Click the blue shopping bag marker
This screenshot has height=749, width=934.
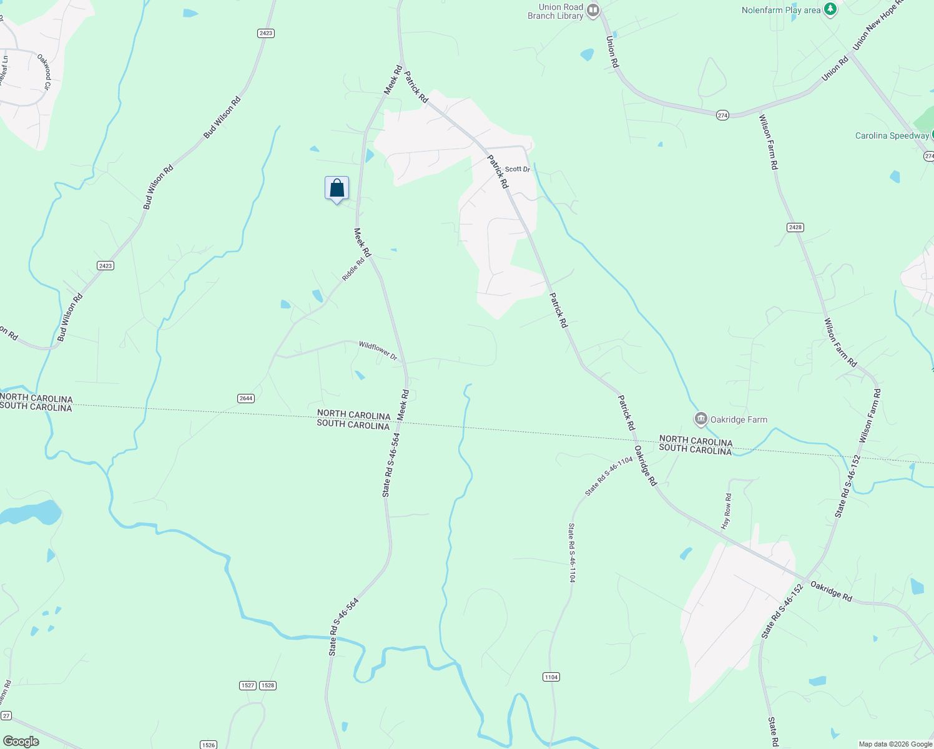tap(337, 188)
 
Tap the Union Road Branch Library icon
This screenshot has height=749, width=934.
tap(593, 10)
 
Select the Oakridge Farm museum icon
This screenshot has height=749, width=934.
tap(701, 418)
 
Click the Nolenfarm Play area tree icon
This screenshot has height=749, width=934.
tap(830, 9)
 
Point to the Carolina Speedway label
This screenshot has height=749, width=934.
tap(892, 136)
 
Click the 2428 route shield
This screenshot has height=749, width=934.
tap(795, 227)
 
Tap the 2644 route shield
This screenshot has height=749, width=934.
tap(246, 398)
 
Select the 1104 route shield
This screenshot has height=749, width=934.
tap(551, 677)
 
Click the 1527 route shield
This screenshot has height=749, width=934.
tap(247, 685)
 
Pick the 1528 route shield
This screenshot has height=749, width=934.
tap(268, 685)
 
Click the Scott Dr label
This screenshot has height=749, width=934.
tap(517, 169)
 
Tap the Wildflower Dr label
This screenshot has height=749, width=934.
tap(378, 350)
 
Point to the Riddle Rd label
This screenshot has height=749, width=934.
tap(353, 270)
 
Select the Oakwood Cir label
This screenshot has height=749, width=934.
tap(44, 71)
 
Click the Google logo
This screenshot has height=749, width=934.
tap(21, 742)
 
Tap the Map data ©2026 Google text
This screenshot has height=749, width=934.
tap(895, 744)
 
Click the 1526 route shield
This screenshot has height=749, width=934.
tap(208, 745)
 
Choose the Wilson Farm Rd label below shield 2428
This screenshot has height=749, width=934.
tap(840, 343)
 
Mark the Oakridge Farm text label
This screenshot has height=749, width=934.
tap(739, 420)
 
